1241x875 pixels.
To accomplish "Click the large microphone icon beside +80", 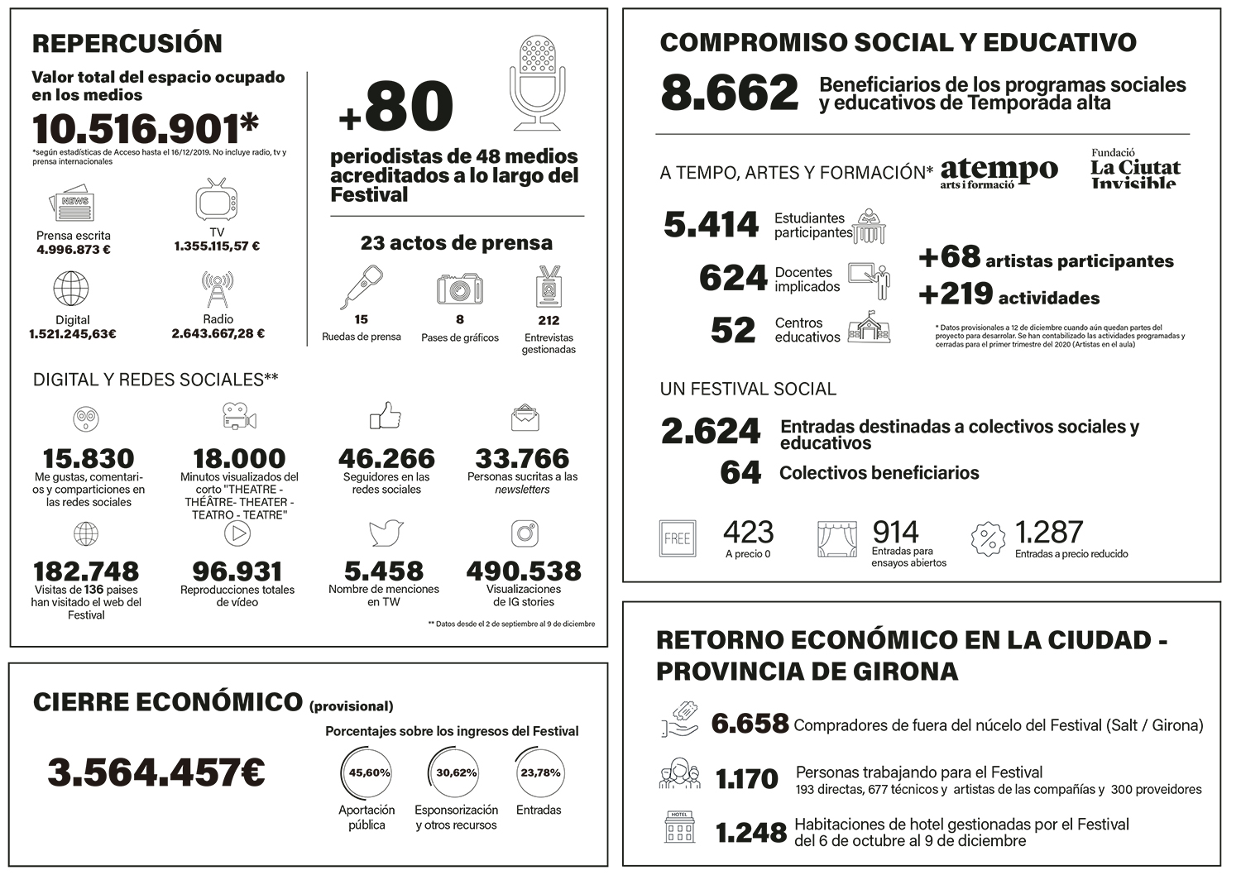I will tap(538, 83).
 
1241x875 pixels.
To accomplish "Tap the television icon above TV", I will tap(216, 201).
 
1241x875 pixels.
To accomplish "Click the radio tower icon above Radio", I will tap(218, 289).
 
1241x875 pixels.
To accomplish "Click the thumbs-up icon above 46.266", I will tap(386, 416).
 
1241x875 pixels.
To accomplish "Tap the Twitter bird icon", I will tap(386, 533).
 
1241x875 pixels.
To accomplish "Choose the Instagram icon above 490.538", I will tap(525, 533).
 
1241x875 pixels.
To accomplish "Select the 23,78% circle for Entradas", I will tap(539, 773).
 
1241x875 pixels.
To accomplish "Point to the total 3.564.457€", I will tap(156, 772).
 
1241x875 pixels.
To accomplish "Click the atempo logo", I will tap(999, 172).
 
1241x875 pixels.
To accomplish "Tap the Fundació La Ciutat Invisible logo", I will tap(1135, 169).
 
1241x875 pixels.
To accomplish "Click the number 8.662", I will tap(730, 93).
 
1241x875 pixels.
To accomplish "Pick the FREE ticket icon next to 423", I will tap(677, 538).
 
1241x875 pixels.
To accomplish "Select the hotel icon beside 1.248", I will tap(679, 827).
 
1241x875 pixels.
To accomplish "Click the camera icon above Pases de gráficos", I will tap(460, 289).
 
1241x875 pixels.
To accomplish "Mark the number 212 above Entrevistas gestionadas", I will tap(548, 320).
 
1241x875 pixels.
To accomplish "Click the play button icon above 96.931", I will tap(237, 533).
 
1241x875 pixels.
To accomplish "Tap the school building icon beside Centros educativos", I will tap(869, 328).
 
